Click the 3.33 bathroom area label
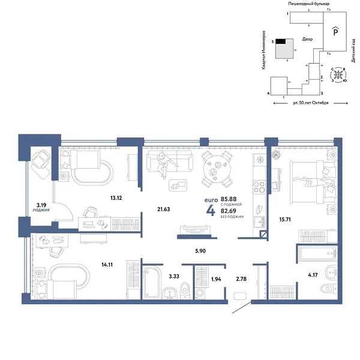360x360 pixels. tap(175, 277)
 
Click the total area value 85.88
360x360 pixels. tap(229, 199)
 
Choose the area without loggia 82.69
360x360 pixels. tap(229, 211)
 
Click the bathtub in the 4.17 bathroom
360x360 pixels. tap(319, 253)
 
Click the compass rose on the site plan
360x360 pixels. tap(339, 76)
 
